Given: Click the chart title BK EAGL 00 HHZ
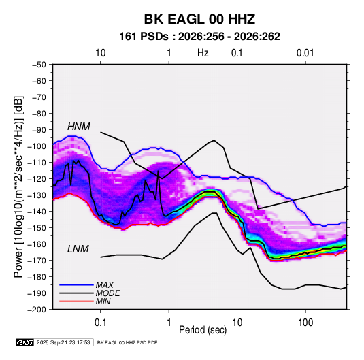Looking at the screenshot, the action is coord(199,19).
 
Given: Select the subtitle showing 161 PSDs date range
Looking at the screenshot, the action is coord(199,37).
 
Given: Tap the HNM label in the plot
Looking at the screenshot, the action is coord(79,127).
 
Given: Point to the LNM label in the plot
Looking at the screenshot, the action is coord(78,249).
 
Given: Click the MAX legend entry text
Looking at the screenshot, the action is coord(105,285).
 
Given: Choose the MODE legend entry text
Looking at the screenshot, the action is coord(108,293).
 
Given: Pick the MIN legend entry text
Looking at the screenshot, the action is coord(103,301).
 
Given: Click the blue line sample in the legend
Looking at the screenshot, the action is coord(76,285).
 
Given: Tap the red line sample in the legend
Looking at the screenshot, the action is coord(76,301).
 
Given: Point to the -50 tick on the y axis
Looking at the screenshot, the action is coord(39,65).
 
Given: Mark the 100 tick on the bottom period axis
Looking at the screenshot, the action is coord(305,323).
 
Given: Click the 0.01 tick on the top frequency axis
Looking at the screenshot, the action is coord(305,53).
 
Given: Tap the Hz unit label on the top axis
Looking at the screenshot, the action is coord(203,53).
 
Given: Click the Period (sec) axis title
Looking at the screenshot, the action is coord(203,330).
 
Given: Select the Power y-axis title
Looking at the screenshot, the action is coord(18,187).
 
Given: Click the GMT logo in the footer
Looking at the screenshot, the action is coord(25,342).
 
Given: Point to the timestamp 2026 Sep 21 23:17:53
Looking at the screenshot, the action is coord(63,342).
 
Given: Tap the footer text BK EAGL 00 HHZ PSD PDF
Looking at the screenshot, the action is coord(127,342).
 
